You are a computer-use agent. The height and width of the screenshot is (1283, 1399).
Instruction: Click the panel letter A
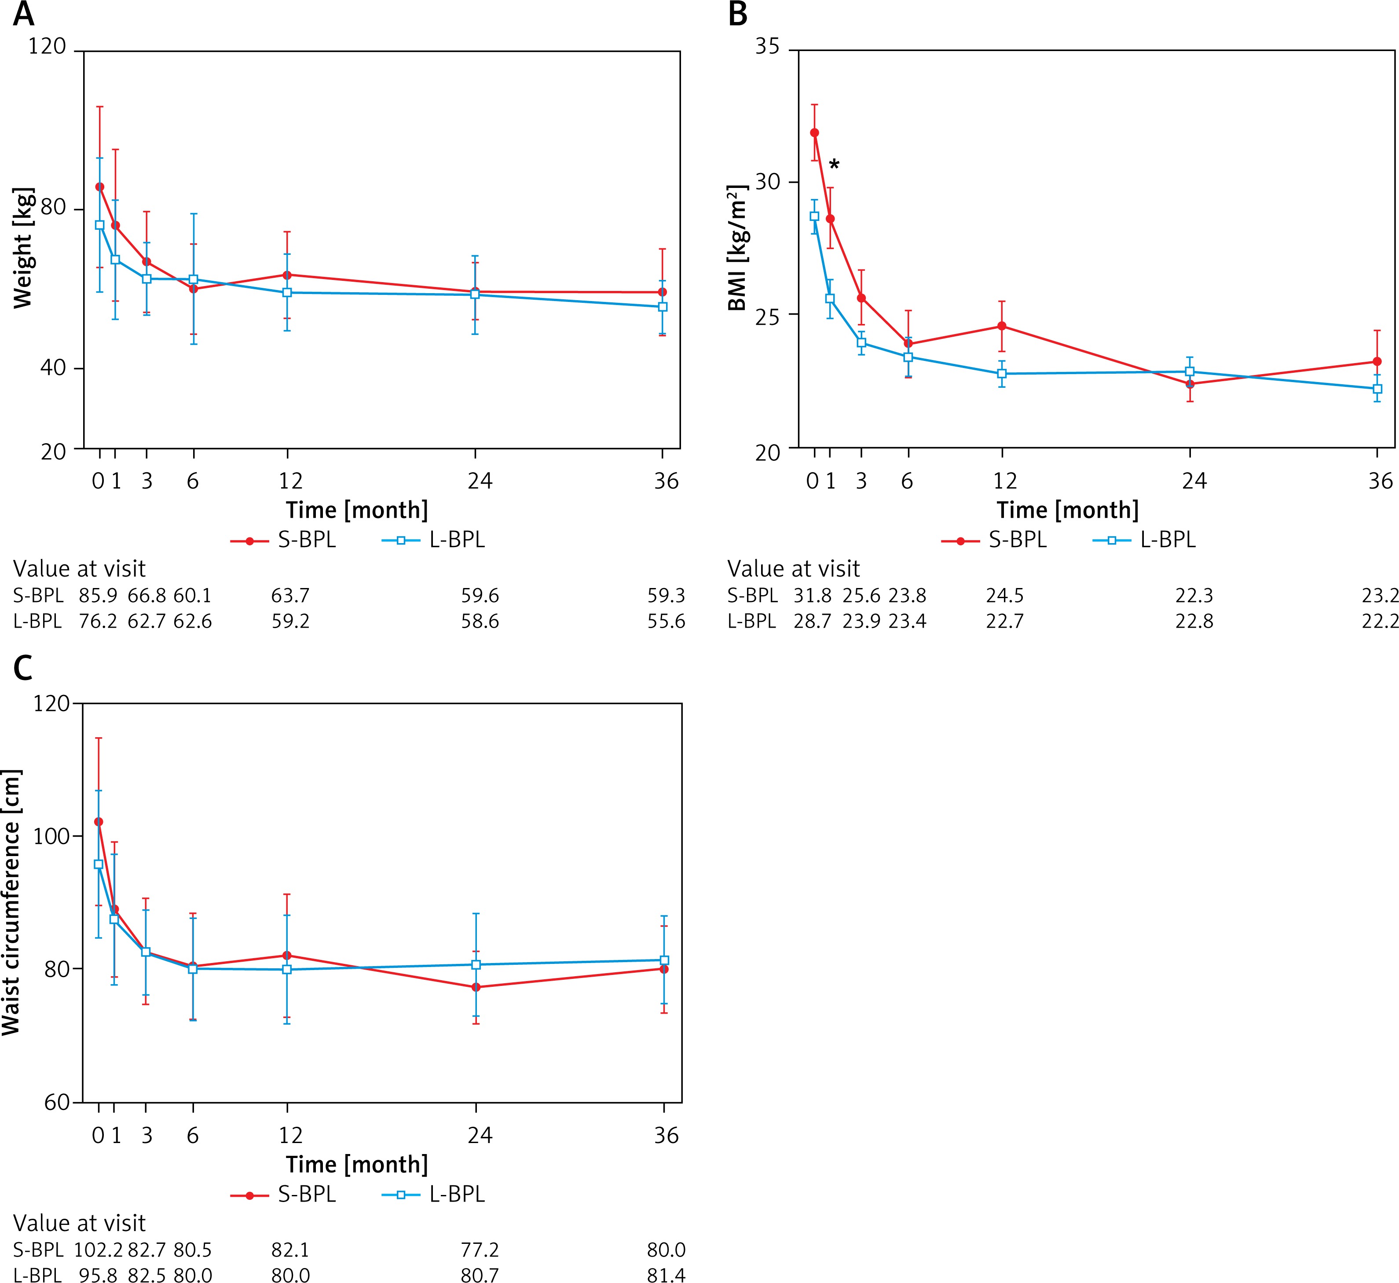[24, 14]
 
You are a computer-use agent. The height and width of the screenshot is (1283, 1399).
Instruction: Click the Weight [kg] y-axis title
[23, 248]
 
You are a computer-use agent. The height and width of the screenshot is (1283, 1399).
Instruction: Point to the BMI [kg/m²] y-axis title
[737, 248]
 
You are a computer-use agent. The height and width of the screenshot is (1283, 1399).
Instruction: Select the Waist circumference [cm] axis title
[12, 903]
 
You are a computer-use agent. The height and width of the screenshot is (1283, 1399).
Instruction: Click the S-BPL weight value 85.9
[98, 596]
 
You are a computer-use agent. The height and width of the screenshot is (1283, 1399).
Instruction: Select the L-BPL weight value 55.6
[666, 621]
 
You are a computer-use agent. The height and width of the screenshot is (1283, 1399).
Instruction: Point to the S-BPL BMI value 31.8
[812, 596]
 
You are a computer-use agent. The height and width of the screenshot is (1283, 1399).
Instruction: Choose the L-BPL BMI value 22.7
[1004, 621]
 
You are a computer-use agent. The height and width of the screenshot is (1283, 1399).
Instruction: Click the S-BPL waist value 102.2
[98, 1250]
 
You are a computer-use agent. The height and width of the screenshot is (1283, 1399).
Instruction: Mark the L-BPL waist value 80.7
[480, 1275]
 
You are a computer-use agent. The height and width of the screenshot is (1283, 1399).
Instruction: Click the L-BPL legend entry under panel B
[1145, 540]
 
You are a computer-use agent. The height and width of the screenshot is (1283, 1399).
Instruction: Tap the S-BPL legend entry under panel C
[284, 1194]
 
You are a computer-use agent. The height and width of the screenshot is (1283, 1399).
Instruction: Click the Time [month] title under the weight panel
[357, 510]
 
